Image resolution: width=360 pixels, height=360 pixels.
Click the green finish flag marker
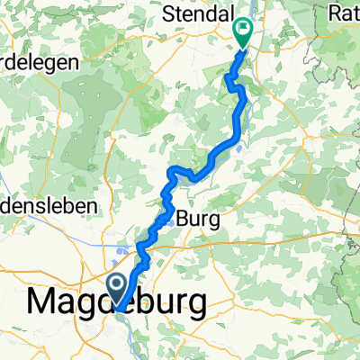pos(244,32)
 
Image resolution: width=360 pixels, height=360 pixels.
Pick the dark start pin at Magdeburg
pos(118,290)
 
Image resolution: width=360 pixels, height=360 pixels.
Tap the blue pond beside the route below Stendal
pos(240,148)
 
